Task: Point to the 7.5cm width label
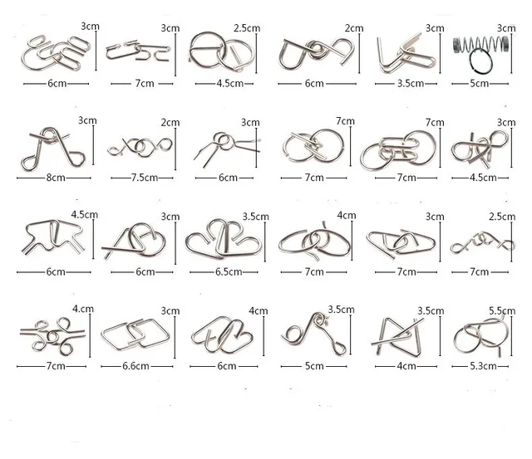135,176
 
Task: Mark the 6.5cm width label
224,271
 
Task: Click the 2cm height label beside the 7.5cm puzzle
171,123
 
